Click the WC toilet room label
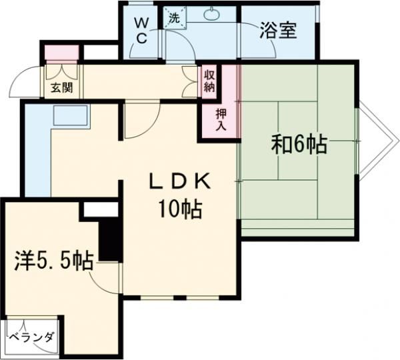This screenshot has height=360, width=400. [x=142, y=30]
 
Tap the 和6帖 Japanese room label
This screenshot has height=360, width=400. [x=299, y=145]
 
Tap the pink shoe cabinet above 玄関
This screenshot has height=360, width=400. [x=61, y=52]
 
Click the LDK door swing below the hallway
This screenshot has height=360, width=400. [x=139, y=121]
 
